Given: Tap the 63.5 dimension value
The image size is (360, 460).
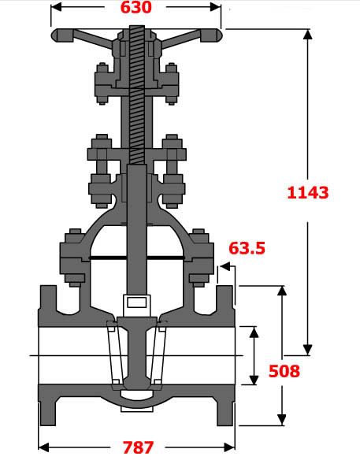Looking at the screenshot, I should click(247, 249).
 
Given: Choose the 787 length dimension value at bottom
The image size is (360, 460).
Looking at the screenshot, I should click(138, 447).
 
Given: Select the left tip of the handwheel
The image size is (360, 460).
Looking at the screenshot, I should click(54, 35).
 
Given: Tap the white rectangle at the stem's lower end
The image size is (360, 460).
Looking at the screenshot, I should click(135, 302).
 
